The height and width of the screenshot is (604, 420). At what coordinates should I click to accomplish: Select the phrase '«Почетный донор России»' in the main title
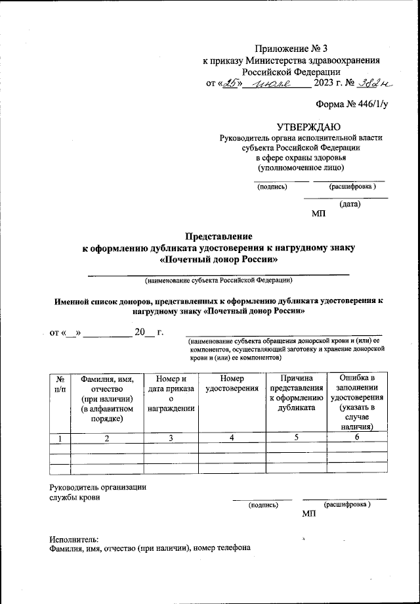click(219, 259)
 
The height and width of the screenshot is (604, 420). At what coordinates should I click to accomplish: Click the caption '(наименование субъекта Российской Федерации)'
click(219, 281)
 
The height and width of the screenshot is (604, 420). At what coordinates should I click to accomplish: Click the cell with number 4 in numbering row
click(232, 438)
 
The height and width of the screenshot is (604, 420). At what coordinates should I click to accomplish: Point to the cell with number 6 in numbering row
click(357, 438)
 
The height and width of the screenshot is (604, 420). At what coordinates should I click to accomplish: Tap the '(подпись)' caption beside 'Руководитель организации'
click(262, 505)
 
